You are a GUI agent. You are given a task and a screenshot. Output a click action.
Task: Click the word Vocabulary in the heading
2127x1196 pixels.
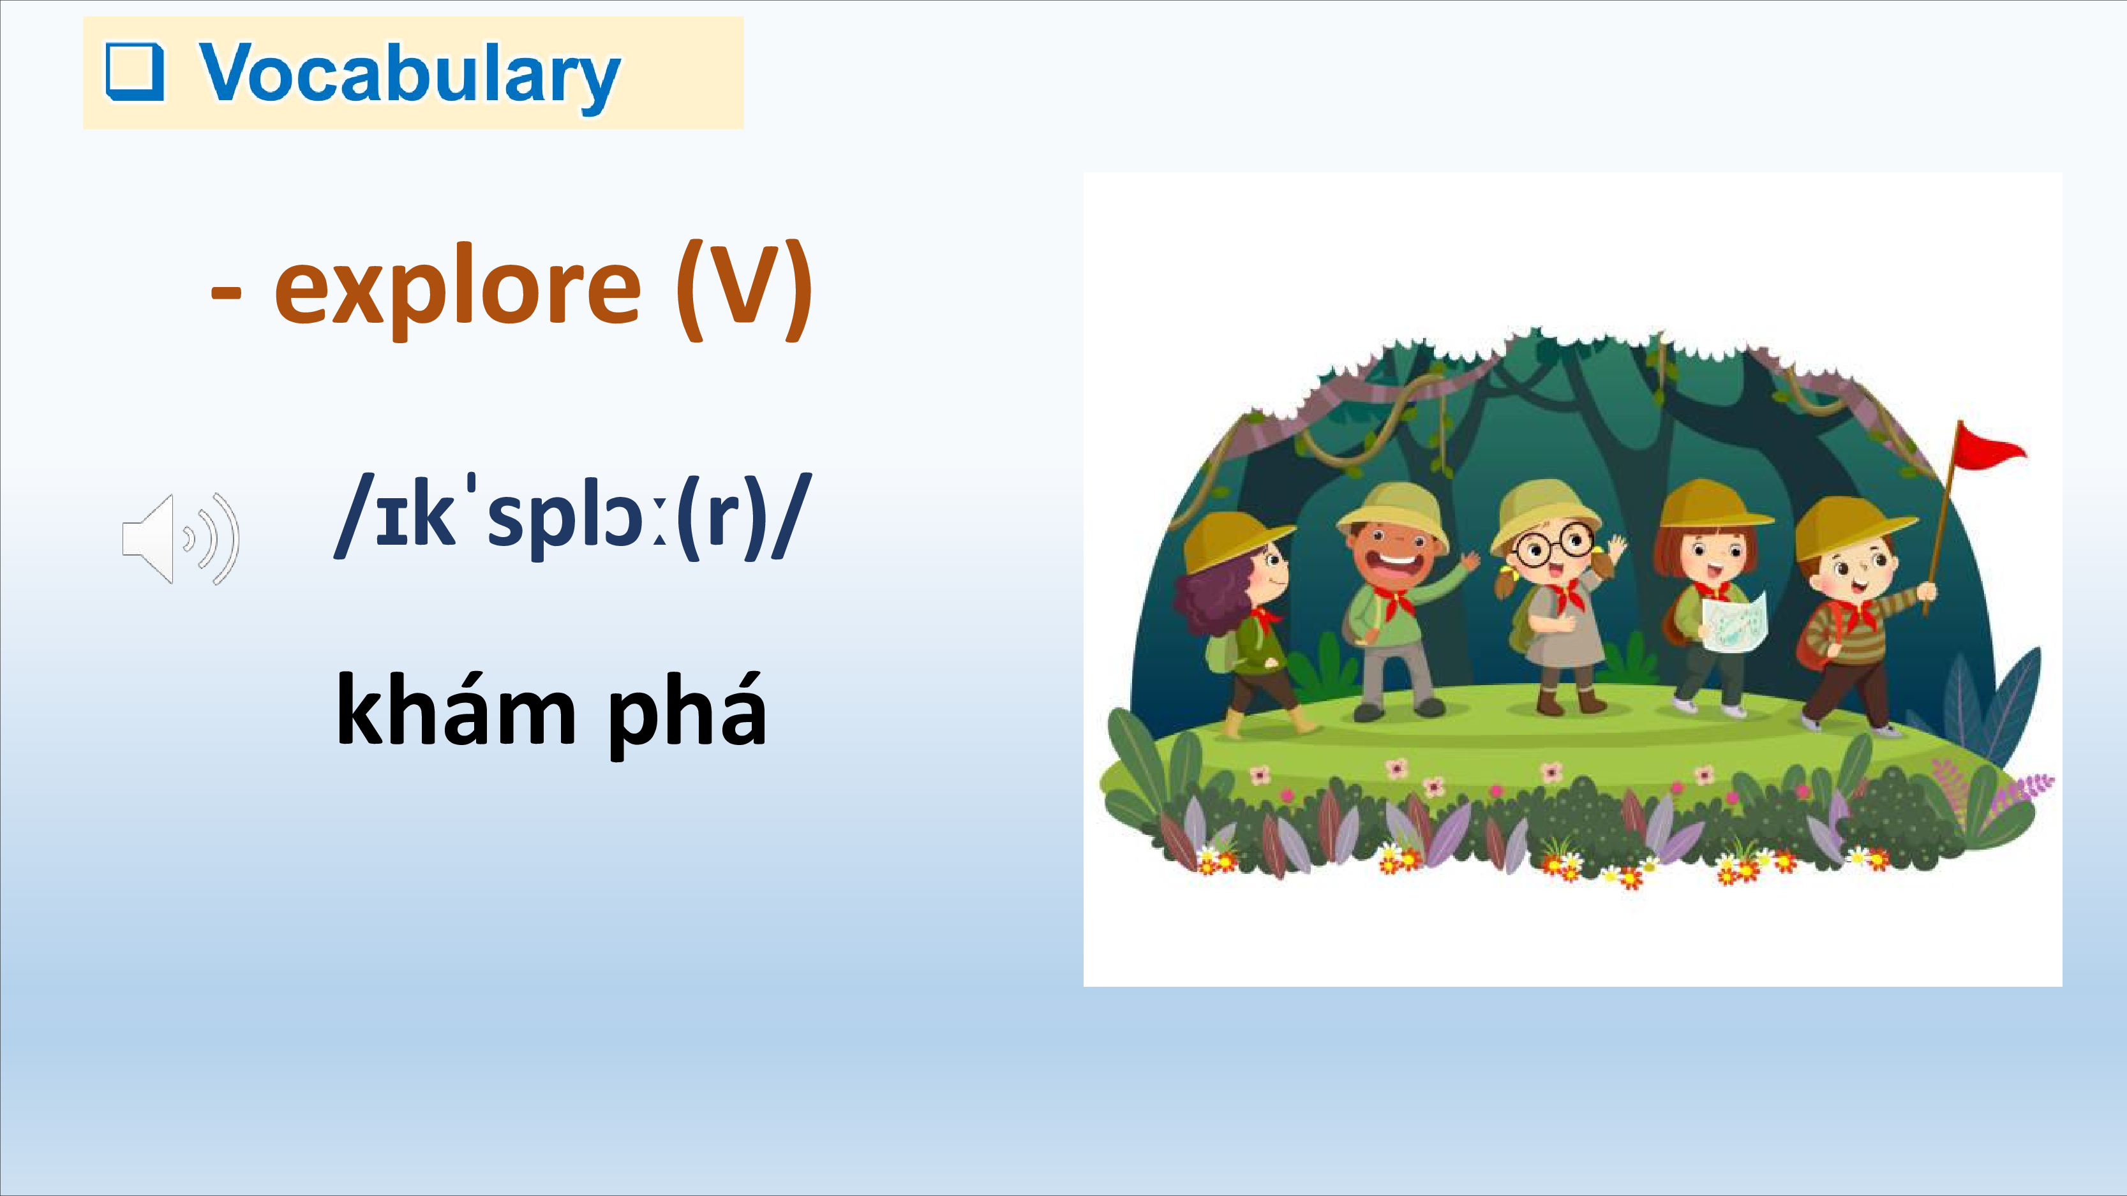tap(410, 74)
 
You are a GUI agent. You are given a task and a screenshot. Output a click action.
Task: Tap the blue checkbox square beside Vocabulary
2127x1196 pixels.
tap(135, 73)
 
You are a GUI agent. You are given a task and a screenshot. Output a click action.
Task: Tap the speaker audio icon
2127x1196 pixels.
tap(181, 539)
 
